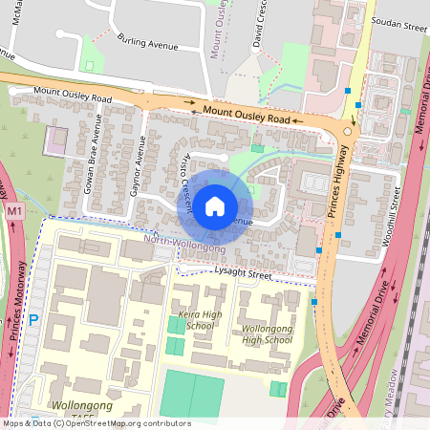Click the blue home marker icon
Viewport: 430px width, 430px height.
215,205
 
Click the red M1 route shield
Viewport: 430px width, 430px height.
13,210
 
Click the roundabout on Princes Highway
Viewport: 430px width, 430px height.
347,131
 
